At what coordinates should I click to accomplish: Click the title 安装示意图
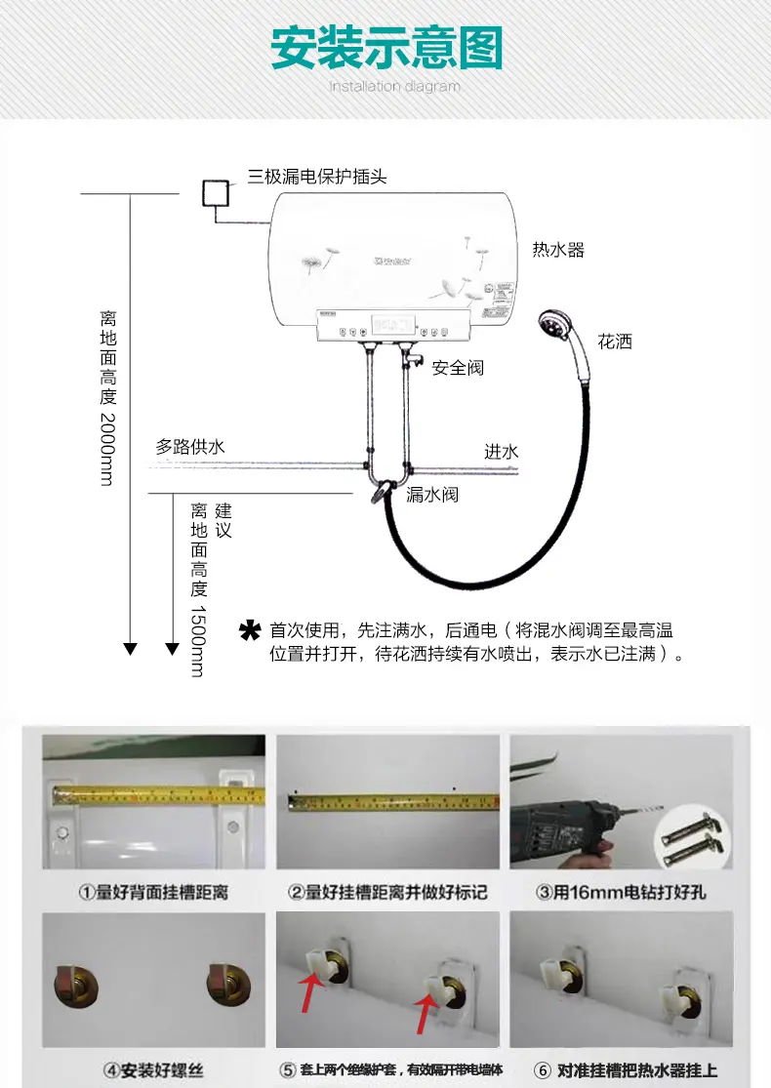385,48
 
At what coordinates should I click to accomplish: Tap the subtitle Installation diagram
393,87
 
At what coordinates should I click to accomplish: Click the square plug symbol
215,193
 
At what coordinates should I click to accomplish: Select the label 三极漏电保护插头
317,177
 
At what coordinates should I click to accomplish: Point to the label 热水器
558,250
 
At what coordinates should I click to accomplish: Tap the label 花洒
615,342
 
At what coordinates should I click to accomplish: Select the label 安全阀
458,368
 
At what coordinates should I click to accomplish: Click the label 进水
502,451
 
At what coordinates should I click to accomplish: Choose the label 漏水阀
432,495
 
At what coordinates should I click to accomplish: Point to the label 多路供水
190,447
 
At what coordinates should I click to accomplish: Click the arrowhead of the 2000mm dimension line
130,649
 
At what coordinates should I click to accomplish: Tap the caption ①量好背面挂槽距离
152,892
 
